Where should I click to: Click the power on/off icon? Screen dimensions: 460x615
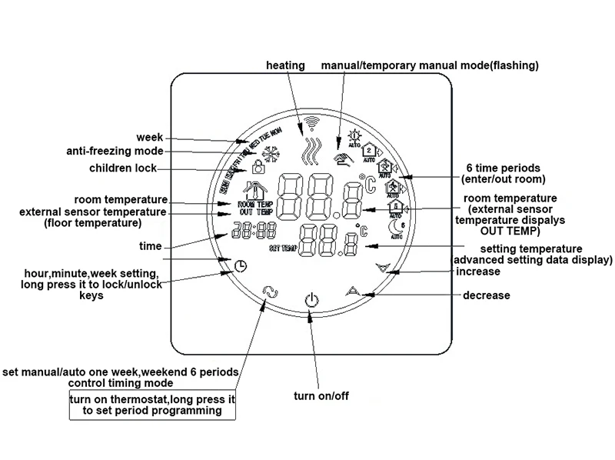click(311, 298)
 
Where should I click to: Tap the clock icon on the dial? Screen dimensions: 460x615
click(241, 265)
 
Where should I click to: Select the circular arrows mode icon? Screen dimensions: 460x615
click(268, 291)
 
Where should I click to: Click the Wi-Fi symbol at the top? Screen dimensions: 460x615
click(311, 122)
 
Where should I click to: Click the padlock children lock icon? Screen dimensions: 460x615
click(258, 166)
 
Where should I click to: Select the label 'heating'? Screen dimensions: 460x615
click(285, 65)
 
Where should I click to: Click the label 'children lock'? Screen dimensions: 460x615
click(123, 168)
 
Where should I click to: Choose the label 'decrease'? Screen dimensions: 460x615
click(486, 295)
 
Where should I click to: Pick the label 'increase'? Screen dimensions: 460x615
click(478, 272)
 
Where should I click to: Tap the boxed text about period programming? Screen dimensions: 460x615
click(151, 405)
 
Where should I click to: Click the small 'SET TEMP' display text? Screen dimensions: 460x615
click(281, 249)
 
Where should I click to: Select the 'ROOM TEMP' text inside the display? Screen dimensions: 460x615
click(254, 204)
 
